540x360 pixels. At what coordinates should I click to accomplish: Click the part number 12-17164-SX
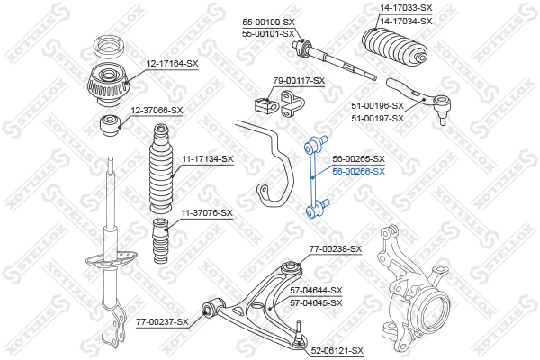click(x=173, y=64)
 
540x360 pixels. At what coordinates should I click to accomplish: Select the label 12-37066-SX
click(x=157, y=111)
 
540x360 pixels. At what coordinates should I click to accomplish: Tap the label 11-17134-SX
click(x=208, y=159)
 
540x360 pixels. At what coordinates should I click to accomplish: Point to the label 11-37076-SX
click(x=207, y=213)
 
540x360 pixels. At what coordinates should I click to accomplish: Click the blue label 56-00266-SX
click(x=358, y=172)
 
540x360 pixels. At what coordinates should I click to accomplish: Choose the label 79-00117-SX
click(x=299, y=81)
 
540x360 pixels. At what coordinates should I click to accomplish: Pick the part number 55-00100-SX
click(x=268, y=22)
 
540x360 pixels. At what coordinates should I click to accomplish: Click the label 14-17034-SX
click(x=406, y=22)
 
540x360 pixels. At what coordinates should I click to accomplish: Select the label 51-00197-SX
click(x=377, y=119)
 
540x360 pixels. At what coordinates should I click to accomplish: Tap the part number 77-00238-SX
click(x=336, y=248)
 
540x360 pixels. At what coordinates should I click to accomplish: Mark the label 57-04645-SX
click(x=316, y=302)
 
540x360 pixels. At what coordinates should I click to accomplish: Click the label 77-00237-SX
click(x=163, y=322)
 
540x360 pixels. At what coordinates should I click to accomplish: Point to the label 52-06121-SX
click(x=337, y=351)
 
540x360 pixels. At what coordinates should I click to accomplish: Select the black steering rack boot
click(x=395, y=47)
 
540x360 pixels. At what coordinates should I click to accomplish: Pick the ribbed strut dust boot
click(x=161, y=169)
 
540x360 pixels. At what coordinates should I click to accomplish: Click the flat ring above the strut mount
click(x=110, y=47)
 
